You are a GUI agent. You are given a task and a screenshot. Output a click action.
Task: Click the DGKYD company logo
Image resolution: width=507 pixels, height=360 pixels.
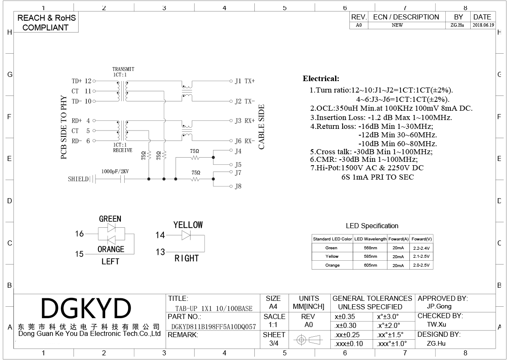tap(86, 308)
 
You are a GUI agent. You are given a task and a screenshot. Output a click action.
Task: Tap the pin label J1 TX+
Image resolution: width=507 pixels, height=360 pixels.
tap(245, 81)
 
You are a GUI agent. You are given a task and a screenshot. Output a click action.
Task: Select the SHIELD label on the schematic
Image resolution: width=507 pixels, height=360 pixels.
tap(78, 179)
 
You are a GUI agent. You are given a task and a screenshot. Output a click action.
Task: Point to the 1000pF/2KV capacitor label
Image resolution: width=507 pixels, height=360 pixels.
tap(115, 172)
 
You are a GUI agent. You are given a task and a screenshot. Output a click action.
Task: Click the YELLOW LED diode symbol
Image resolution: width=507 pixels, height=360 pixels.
tap(186, 235)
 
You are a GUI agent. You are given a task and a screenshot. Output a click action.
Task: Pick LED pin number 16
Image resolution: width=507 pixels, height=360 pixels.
tap(79, 234)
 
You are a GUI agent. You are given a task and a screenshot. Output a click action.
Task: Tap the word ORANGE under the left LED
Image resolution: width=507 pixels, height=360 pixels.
tap(111, 249)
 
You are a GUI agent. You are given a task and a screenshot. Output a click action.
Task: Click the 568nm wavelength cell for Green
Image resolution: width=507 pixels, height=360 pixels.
tap(370, 248)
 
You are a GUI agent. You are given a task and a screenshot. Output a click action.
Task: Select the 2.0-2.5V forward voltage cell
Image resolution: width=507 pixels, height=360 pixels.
tap(421, 265)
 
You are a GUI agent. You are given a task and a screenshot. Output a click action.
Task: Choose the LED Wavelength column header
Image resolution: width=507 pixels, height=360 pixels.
tap(370, 239)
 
